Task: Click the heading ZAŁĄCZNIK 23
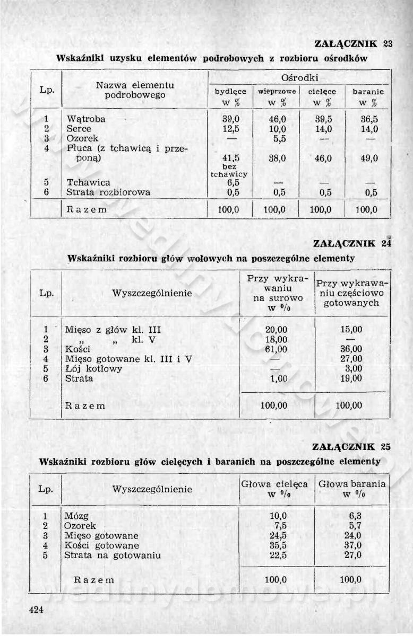coord(352,44)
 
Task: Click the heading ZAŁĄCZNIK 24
coord(352,244)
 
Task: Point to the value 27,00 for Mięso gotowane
coord(351,359)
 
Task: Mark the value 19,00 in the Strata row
coord(351,378)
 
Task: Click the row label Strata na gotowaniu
coord(112,555)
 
